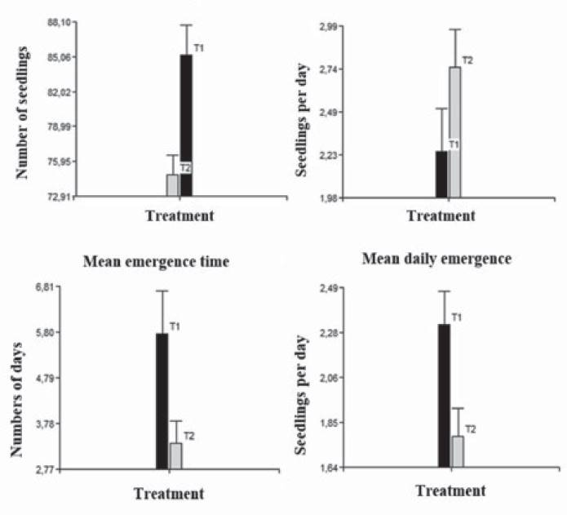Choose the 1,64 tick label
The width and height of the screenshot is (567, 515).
point(335,468)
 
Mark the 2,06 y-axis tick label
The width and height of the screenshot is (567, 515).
point(335,378)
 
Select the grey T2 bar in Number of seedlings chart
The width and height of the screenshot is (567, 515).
point(172,185)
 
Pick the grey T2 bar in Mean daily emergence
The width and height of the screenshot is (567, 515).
point(457,451)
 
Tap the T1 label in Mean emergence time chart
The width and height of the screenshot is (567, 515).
point(175,326)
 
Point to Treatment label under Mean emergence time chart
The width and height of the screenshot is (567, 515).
point(169,494)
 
